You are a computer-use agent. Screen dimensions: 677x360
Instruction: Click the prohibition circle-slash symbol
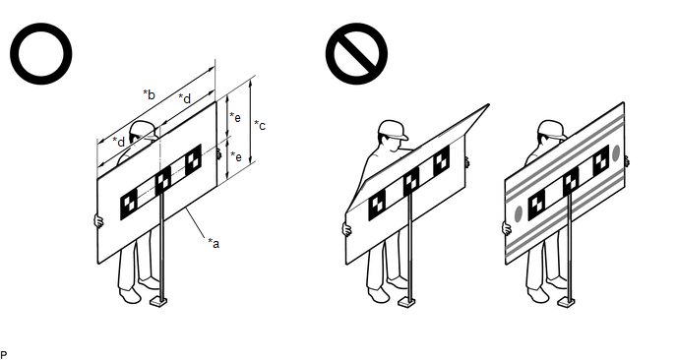click(356, 53)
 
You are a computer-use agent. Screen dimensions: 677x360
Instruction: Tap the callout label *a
click(214, 243)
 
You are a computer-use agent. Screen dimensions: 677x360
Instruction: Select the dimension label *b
click(149, 94)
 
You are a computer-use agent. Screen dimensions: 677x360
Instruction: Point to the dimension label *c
click(260, 125)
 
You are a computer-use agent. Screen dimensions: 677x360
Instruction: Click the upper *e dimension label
click(235, 116)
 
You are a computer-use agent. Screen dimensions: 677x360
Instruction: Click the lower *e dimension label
click(236, 156)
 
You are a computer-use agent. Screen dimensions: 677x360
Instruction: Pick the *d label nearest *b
click(184, 98)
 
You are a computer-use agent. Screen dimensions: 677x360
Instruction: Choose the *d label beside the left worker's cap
click(119, 142)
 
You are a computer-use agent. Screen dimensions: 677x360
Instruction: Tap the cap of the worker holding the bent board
click(393, 130)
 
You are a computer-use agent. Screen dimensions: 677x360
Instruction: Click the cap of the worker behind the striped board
click(552, 128)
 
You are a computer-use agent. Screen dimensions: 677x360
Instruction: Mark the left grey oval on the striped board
click(519, 213)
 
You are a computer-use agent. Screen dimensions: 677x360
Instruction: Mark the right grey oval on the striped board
click(616, 153)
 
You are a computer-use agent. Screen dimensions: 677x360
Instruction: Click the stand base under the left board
click(158, 302)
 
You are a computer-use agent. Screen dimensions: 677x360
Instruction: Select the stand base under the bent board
click(406, 302)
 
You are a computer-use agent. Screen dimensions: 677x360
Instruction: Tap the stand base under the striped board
click(567, 302)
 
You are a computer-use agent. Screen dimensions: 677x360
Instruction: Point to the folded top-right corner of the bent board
click(489, 104)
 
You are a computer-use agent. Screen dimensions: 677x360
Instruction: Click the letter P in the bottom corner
click(4, 355)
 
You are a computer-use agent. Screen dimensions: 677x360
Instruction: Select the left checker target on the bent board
click(377, 206)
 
